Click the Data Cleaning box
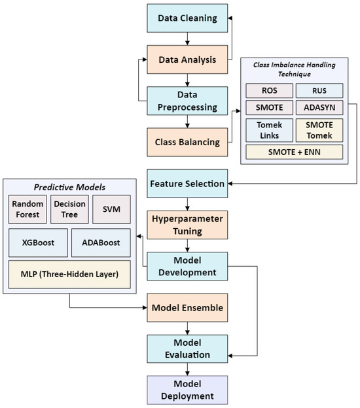click(187, 18)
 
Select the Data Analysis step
click(187, 59)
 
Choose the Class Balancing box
click(187, 140)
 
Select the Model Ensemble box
click(187, 307)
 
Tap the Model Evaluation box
click(187, 348)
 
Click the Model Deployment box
click(187, 390)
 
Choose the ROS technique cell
click(268, 91)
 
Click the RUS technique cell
click(319, 91)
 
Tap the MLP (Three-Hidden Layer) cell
click(69, 273)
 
